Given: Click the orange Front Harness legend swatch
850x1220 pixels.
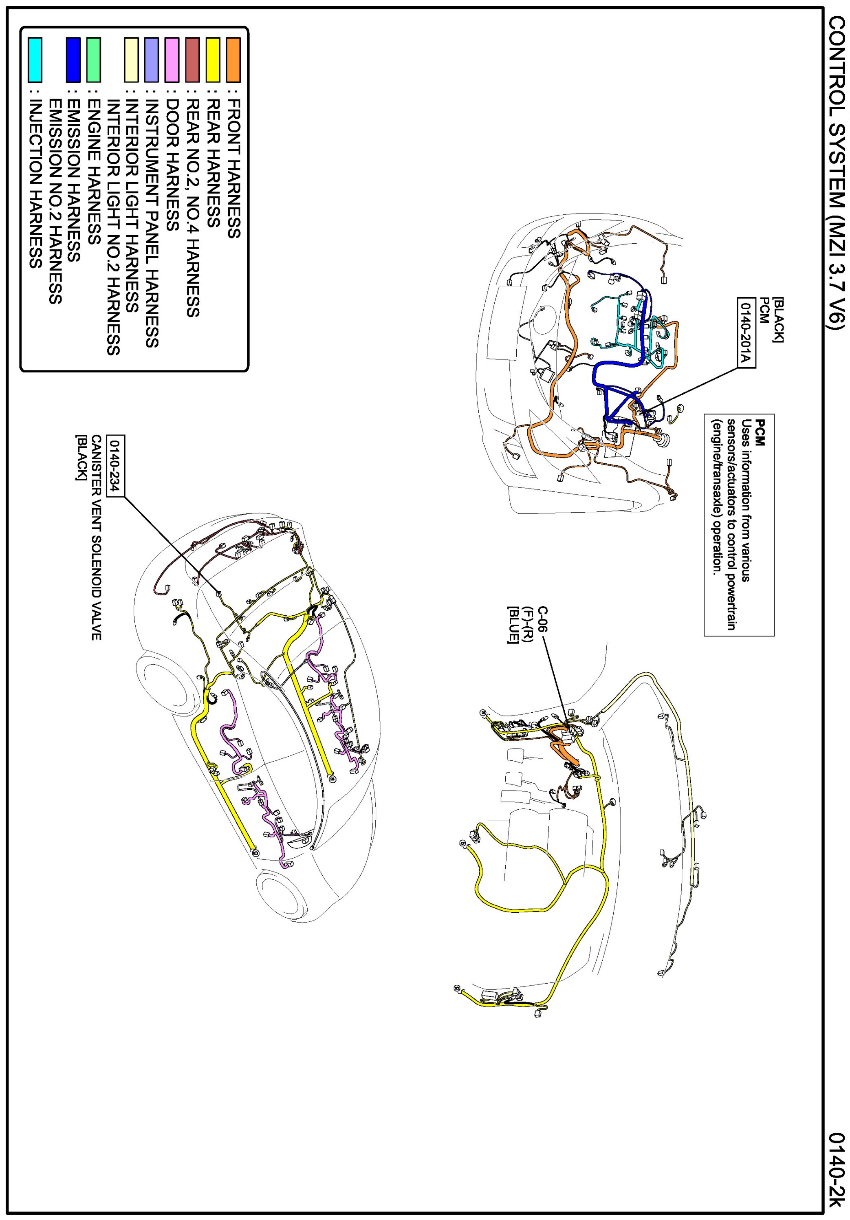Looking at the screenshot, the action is point(233,60).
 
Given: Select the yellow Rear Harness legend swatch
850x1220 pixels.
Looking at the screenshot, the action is point(213,60).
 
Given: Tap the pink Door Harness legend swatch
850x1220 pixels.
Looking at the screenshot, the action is point(172,60).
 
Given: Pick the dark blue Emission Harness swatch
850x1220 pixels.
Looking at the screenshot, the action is point(73,60).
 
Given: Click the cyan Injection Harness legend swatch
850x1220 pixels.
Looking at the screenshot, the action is point(35,60).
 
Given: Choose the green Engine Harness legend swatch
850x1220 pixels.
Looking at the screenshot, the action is point(93,60).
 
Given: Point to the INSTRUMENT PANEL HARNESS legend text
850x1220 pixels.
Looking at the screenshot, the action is point(152,223).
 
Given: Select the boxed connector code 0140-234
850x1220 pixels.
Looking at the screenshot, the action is point(115,465).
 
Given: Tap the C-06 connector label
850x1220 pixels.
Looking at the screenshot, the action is point(542,619).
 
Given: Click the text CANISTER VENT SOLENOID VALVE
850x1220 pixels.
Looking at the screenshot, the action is point(96,537).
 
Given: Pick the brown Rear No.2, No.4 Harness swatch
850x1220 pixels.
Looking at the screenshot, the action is point(192,60).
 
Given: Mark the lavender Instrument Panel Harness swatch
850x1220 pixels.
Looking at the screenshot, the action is point(152,60).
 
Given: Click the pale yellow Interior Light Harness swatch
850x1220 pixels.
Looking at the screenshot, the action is point(131,60).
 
